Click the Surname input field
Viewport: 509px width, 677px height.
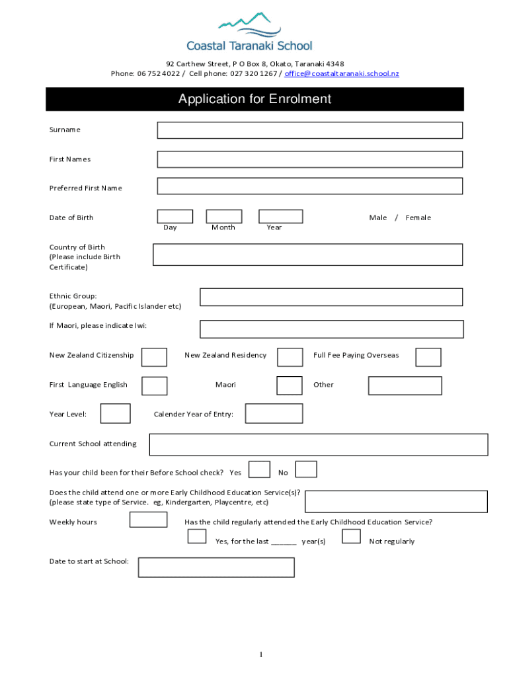(309, 130)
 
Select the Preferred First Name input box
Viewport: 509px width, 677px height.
(309, 186)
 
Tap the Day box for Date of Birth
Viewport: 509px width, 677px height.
(175, 216)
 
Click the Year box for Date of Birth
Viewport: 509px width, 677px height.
(280, 216)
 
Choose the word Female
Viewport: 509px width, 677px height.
(418, 218)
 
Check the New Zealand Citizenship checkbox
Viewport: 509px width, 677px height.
(155, 357)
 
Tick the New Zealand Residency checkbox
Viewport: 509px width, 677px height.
(290, 357)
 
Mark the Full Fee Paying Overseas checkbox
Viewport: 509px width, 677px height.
(428, 357)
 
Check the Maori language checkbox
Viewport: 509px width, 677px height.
(290, 385)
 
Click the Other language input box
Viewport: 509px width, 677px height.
(405, 385)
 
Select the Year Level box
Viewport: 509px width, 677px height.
(115, 413)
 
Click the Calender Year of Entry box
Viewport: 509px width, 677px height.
(274, 413)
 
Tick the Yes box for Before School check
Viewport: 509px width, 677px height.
(259, 469)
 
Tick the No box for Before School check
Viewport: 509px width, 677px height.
(306, 469)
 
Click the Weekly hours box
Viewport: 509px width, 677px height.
(148, 520)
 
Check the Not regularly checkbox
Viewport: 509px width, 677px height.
(351, 536)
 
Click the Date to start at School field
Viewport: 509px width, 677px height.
(216, 567)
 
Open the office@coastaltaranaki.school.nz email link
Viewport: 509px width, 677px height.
(342, 73)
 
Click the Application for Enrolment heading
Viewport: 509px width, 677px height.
(255, 99)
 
